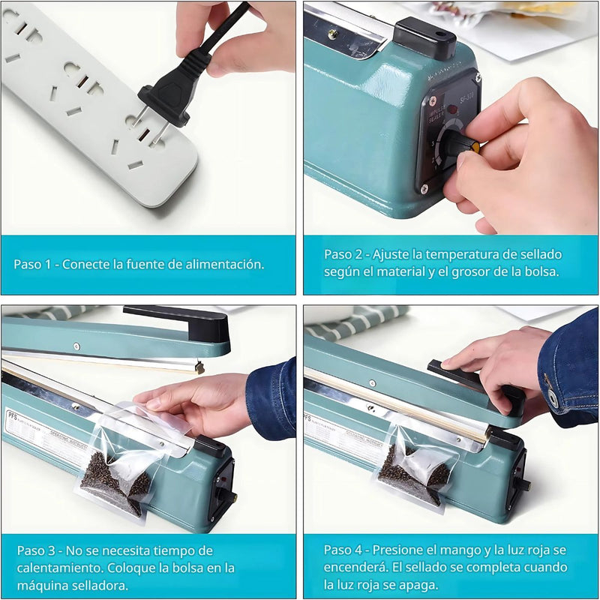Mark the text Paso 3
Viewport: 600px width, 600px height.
pos(34,550)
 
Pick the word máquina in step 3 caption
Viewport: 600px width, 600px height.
pos(42,585)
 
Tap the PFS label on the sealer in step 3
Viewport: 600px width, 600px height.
pos(10,413)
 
